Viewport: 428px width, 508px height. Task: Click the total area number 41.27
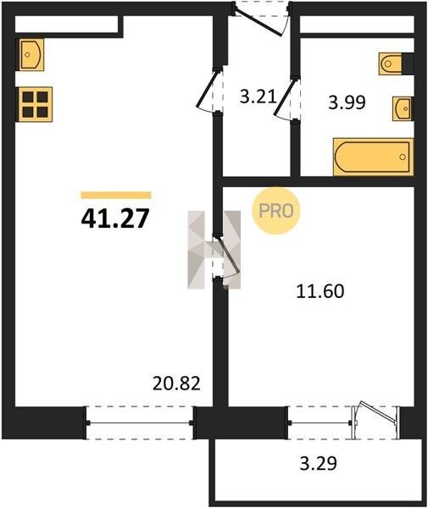click(x=115, y=218)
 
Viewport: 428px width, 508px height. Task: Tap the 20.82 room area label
click(x=176, y=384)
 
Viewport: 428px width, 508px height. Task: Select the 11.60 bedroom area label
click(x=320, y=291)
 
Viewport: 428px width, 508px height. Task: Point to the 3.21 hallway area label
click(x=258, y=97)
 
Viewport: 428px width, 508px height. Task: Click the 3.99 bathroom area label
click(x=347, y=102)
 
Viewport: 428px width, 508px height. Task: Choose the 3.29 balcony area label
click(x=319, y=463)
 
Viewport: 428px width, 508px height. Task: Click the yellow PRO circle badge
click(x=276, y=211)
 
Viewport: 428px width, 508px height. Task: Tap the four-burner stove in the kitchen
click(x=36, y=104)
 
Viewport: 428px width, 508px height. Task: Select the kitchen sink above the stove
click(x=31, y=54)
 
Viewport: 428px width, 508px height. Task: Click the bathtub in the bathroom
click(x=373, y=157)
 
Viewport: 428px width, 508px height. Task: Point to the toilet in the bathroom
click(x=391, y=63)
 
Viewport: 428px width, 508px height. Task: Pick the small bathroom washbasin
click(x=403, y=108)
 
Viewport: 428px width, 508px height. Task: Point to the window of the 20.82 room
click(x=140, y=422)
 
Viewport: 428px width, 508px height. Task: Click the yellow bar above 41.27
click(x=116, y=195)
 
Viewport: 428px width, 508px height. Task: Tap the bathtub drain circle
click(x=403, y=157)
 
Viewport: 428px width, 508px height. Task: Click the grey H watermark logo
click(x=214, y=250)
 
